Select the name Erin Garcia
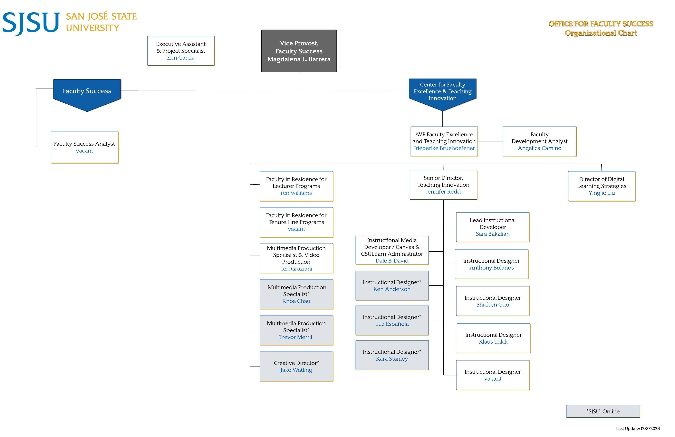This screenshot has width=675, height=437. coord(181,58)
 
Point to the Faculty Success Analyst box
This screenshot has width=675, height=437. coord(84,147)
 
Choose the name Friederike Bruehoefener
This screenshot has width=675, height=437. coord(444,148)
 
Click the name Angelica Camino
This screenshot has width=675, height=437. coord(539,148)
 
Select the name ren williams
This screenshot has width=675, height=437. coord(296,193)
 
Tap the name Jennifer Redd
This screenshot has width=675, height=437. coord(443,192)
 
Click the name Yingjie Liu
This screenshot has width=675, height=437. coord(601,193)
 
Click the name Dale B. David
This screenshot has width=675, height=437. coord(392,261)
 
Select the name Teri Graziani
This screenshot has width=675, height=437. coord(296,269)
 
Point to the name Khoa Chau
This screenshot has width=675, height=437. coord(296,301)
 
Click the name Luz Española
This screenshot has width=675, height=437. coord(392,324)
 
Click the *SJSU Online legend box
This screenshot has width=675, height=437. coord(603,411)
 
